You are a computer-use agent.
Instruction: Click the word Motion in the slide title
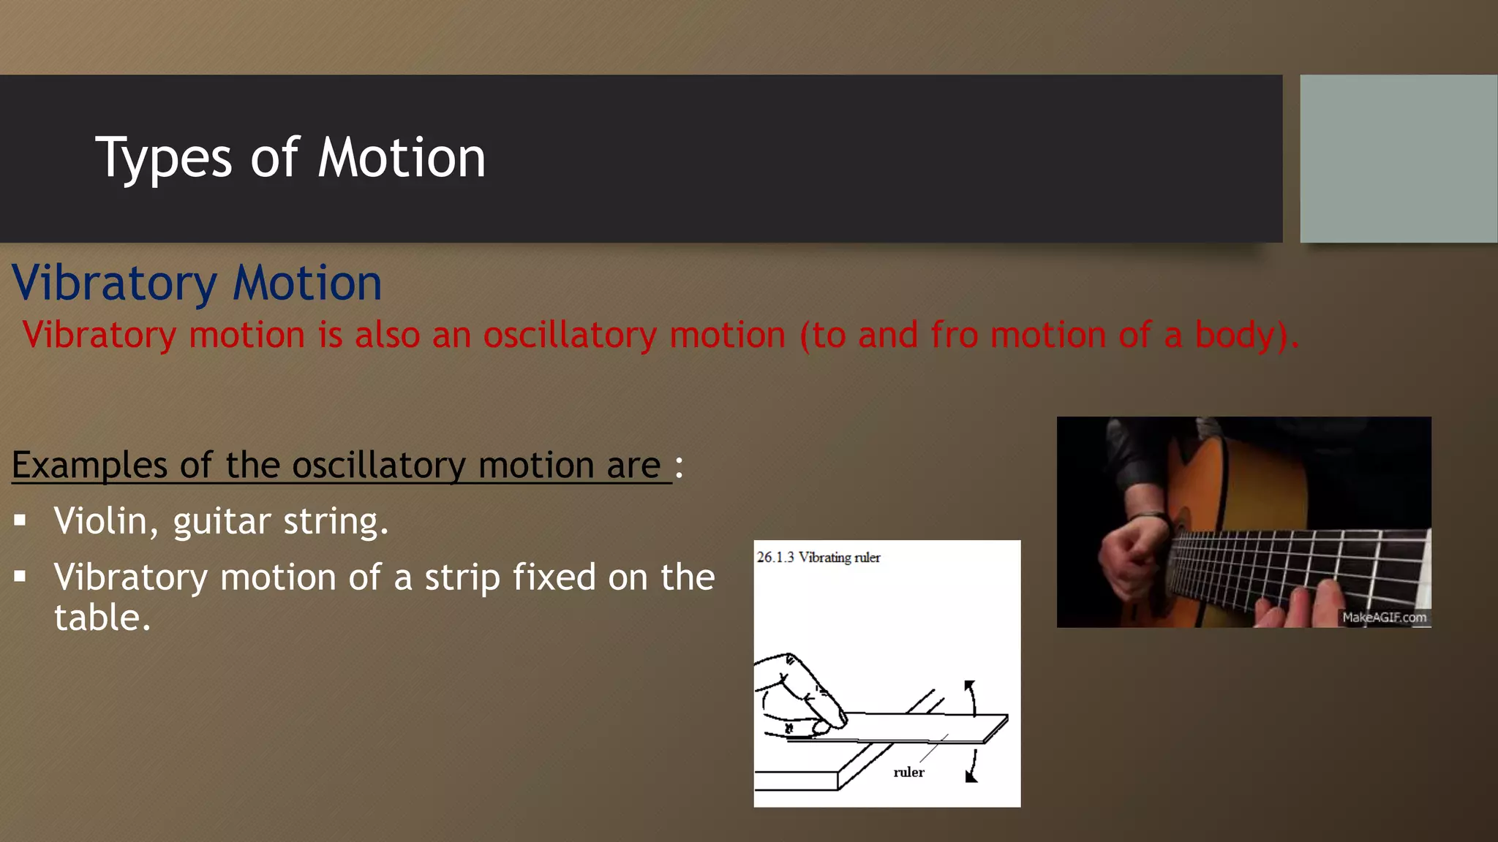402,158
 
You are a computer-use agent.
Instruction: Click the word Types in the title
164,159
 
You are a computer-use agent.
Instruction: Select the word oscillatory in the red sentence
570,335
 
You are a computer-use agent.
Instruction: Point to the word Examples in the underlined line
90,466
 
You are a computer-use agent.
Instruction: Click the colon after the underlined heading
679,466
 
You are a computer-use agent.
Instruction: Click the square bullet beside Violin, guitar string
20,521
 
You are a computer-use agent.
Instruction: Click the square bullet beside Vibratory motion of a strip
20,577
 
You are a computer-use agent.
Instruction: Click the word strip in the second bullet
462,577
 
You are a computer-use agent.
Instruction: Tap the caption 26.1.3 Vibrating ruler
818,558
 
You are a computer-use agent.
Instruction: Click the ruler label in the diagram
908,773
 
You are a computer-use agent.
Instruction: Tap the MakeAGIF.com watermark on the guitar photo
1384,618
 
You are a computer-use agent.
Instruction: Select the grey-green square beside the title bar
1398,159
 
